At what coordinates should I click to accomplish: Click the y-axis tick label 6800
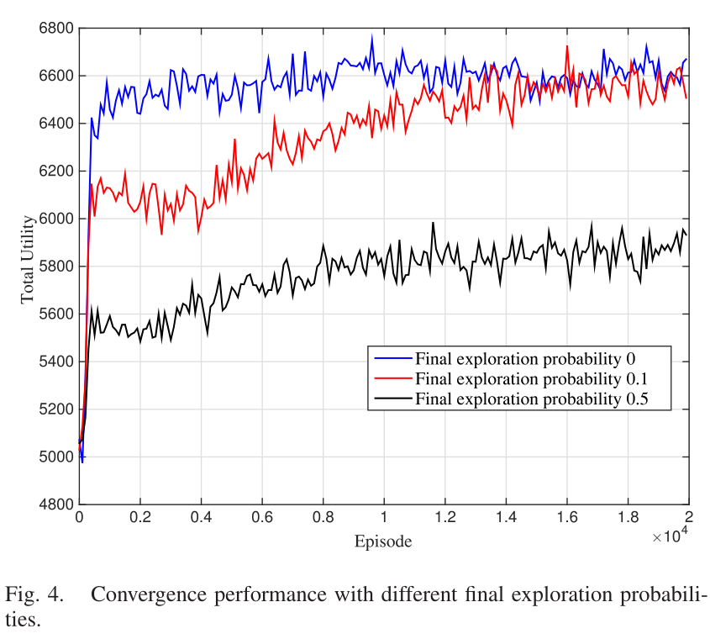click(x=56, y=29)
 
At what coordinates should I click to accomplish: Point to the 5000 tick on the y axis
click(x=56, y=457)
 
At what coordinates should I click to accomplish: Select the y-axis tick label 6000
click(x=56, y=219)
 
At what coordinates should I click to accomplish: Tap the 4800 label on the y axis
click(x=56, y=505)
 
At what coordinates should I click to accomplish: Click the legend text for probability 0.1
click(x=531, y=378)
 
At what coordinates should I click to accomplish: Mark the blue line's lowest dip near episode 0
click(x=82, y=462)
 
